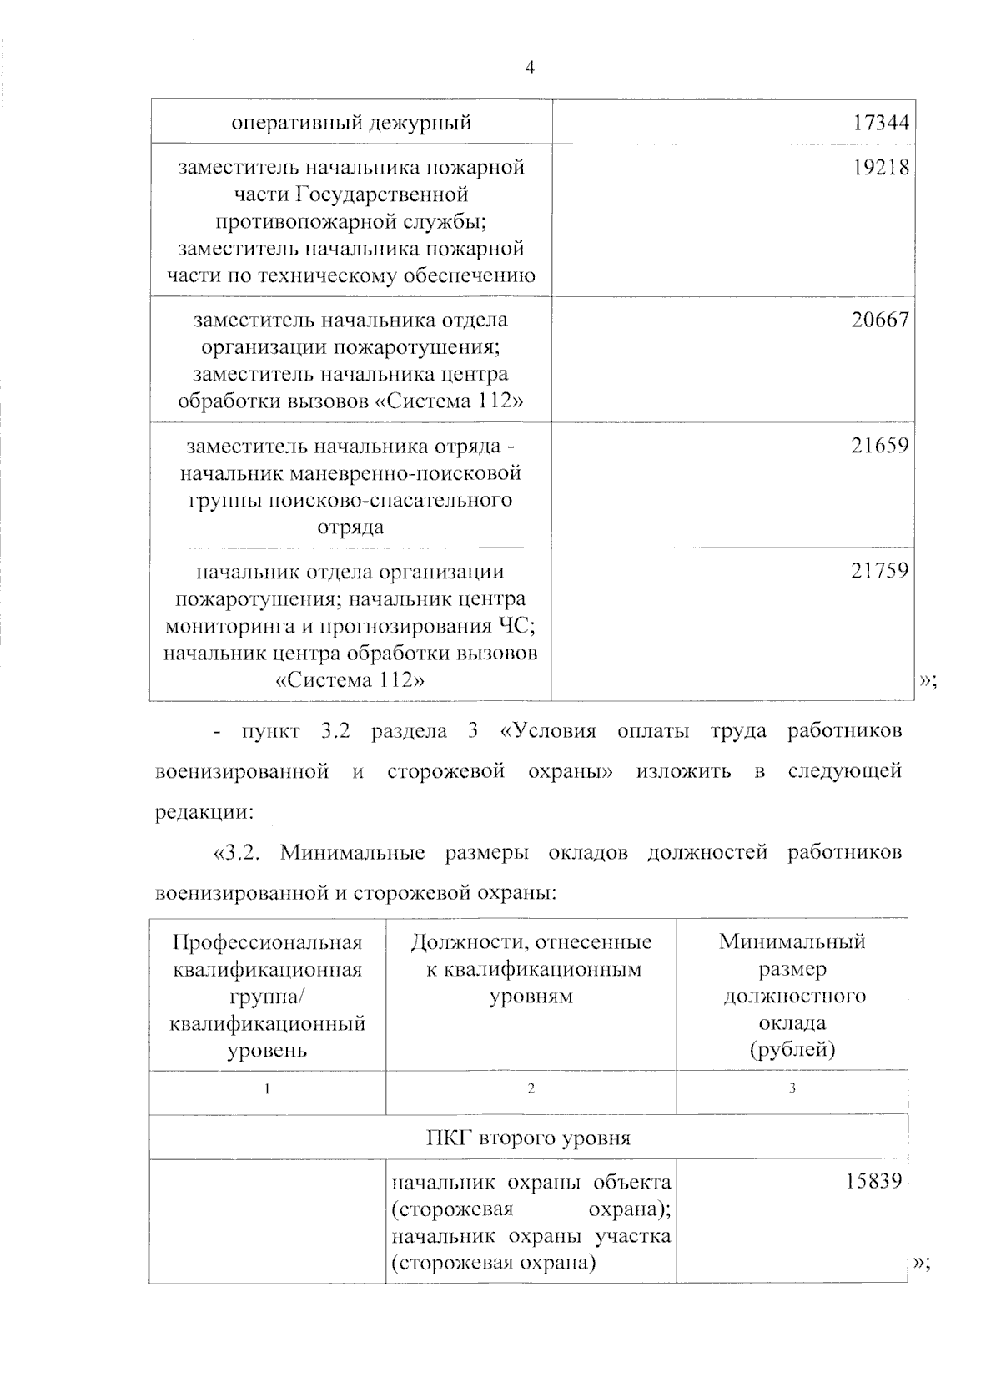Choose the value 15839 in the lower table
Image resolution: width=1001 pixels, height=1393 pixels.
873,1182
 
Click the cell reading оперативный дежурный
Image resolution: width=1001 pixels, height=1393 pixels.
351,124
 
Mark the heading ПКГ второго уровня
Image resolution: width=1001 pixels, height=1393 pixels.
528,1138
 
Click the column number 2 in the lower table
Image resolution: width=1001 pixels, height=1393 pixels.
531,1088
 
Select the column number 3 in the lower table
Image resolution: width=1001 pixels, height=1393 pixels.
792,1088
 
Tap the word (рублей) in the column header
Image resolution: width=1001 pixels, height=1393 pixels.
792,1049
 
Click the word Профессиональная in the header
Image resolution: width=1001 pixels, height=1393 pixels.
268,942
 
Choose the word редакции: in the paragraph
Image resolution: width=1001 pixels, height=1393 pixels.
204,812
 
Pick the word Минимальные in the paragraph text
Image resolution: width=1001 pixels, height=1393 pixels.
353,853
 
